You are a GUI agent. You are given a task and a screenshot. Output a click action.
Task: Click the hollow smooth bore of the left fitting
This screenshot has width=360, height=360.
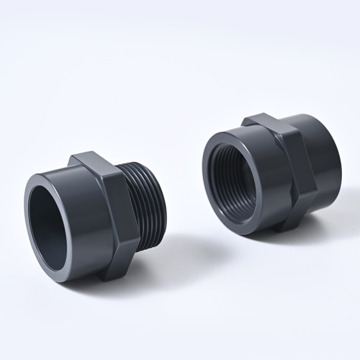[x=49, y=220]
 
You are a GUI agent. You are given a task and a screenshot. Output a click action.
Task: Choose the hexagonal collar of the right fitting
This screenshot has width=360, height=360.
[x=292, y=169]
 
